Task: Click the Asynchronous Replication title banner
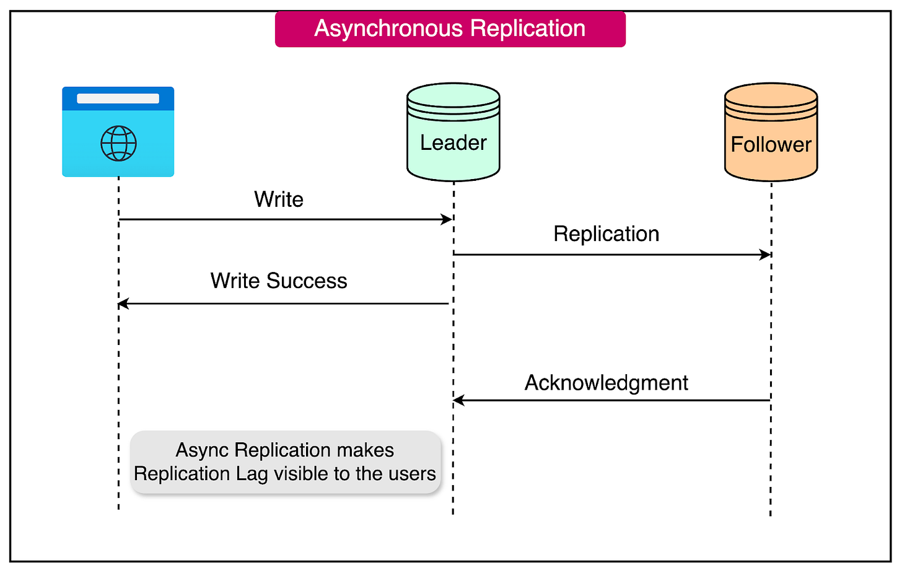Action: point(450,29)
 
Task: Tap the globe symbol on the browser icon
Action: point(118,143)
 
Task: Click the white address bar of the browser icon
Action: point(118,98)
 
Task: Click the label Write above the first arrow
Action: point(279,199)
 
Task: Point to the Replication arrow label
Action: point(606,234)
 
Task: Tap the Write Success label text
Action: point(279,281)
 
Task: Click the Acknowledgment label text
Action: point(606,383)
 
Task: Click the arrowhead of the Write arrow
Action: point(447,219)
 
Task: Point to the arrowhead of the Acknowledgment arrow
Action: point(458,401)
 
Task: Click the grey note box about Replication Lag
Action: point(285,462)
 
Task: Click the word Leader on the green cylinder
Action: point(453,143)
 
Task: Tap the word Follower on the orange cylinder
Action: point(771,145)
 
